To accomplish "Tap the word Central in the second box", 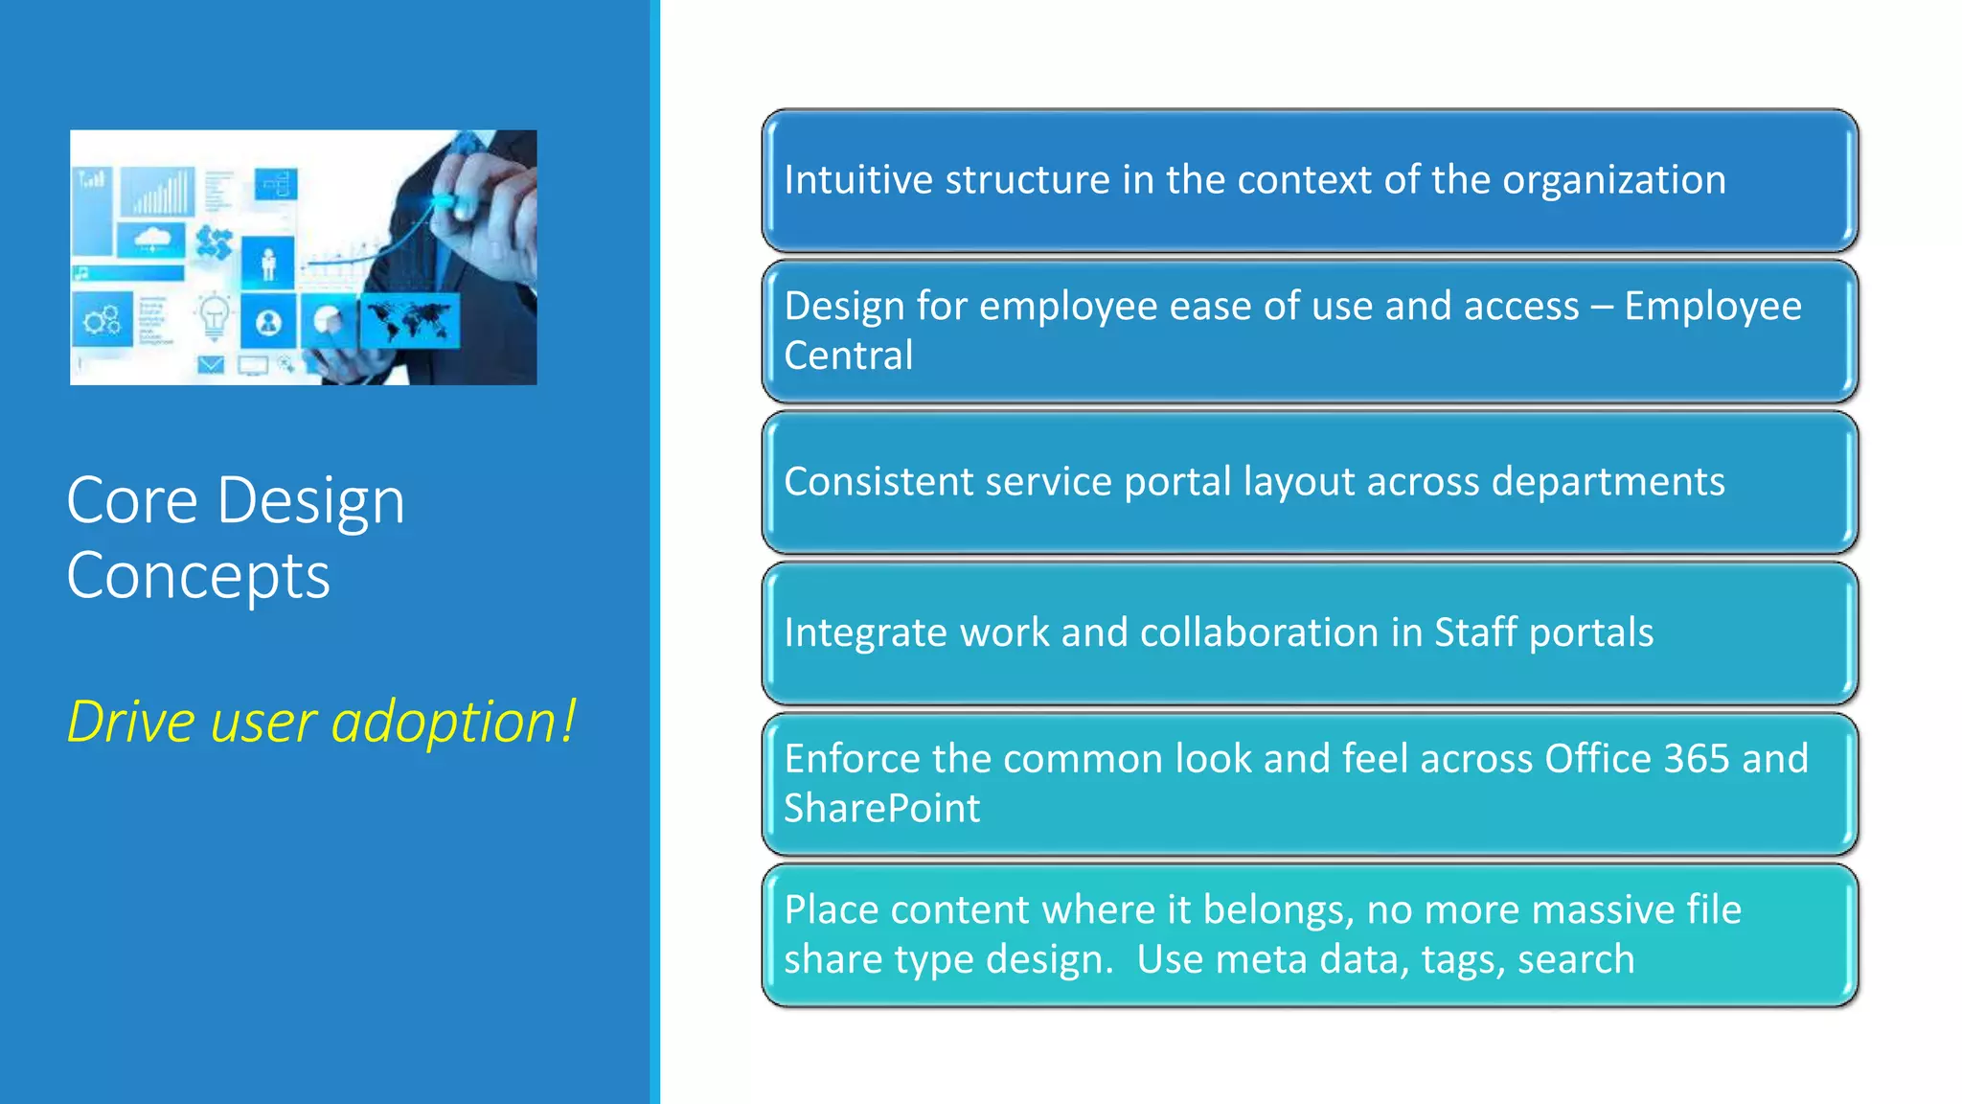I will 848,356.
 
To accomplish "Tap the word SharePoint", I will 881,808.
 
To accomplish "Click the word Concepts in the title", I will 198,576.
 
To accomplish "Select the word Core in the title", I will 132,500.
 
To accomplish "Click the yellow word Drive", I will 130,721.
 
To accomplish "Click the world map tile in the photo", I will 410,321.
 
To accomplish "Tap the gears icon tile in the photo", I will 102,320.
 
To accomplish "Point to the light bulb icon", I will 213,316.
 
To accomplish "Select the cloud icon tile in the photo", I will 151,239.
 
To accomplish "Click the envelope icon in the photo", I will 211,364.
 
